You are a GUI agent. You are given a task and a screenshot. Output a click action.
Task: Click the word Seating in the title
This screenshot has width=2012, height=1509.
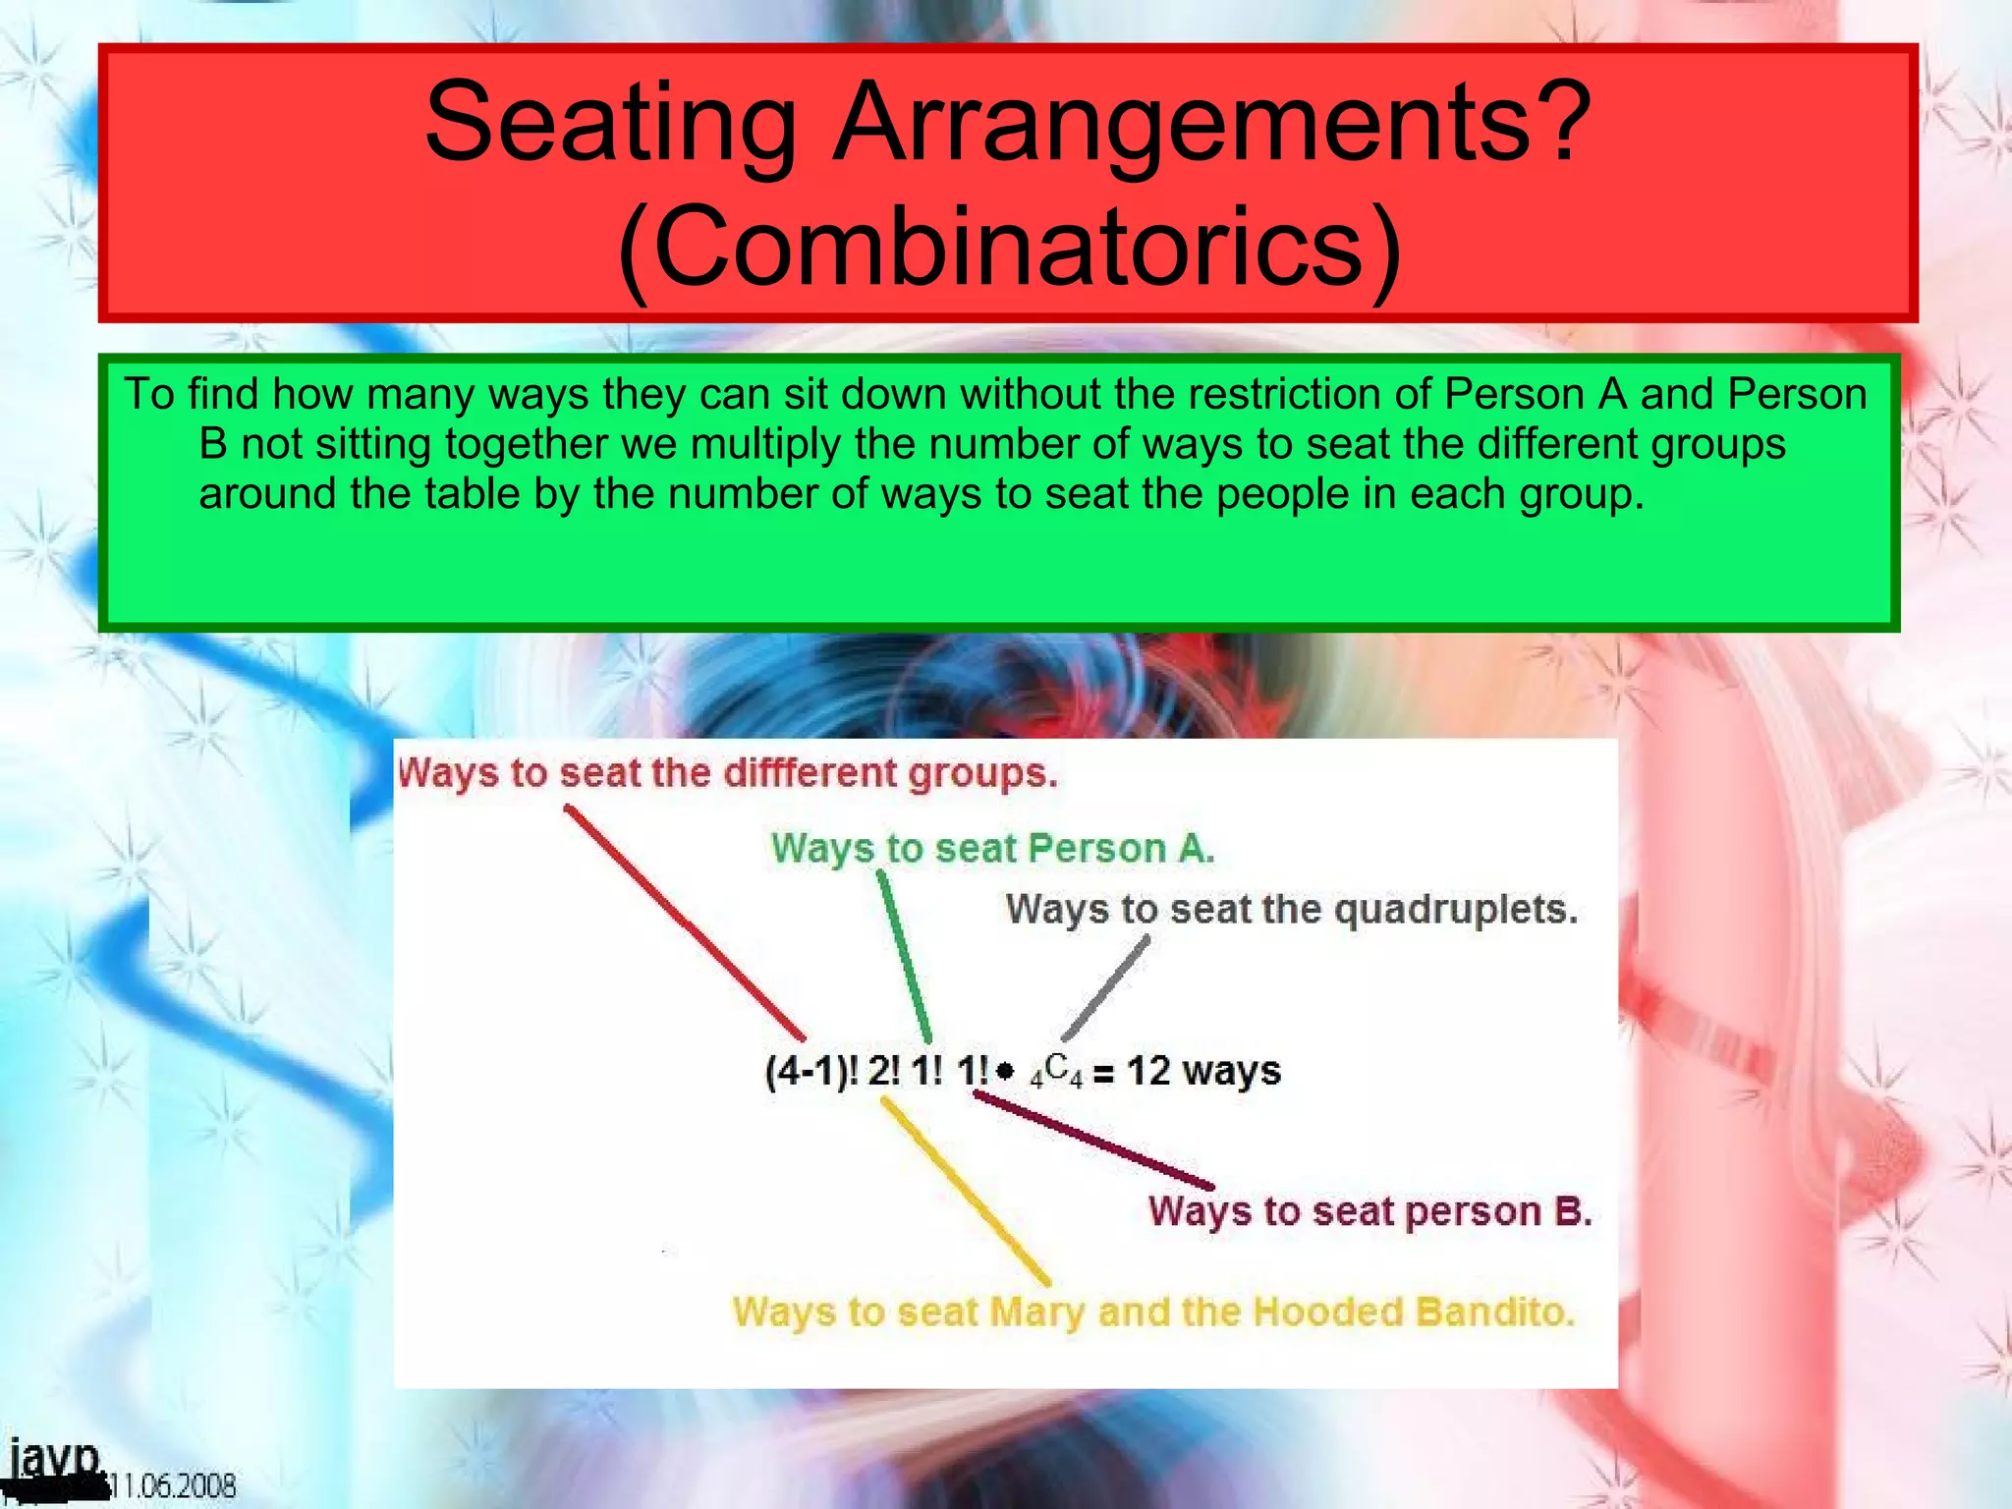click(609, 123)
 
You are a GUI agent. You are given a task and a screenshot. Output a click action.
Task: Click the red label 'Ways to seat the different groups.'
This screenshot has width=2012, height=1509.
click(728, 773)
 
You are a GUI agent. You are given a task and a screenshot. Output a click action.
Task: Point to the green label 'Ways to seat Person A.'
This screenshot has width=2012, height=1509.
click(993, 848)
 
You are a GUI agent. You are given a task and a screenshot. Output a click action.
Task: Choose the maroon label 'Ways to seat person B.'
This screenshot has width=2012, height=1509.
click(1369, 1211)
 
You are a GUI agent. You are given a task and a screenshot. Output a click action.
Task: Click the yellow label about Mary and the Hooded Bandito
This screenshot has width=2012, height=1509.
click(1153, 1313)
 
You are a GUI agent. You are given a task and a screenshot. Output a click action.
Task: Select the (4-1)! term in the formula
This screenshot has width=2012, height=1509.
click(811, 1071)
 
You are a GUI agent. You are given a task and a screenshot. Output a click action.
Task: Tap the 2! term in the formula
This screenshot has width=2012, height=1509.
click(883, 1071)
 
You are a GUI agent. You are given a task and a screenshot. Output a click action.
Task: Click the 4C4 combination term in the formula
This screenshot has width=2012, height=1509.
click(1056, 1071)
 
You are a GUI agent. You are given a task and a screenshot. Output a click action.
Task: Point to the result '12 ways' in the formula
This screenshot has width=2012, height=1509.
click(1203, 1071)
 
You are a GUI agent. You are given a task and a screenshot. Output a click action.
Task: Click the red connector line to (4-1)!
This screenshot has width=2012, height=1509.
click(685, 922)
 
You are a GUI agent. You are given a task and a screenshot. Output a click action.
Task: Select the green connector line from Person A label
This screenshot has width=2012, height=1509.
click(905, 958)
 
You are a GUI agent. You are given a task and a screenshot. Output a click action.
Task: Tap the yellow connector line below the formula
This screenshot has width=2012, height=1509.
click(966, 1191)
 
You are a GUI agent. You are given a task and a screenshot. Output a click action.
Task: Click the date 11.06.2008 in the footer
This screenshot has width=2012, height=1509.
click(173, 1485)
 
